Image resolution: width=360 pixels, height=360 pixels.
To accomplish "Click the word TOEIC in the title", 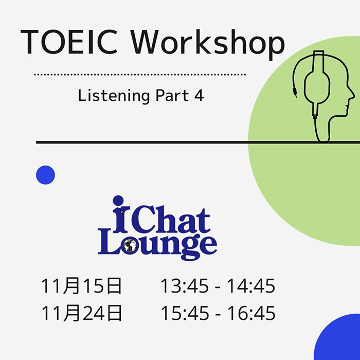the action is (x=69, y=42).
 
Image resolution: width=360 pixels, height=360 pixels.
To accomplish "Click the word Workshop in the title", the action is (x=208, y=44).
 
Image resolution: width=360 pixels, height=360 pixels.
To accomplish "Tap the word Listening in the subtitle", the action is (x=114, y=96).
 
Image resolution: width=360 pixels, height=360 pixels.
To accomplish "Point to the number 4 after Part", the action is (x=199, y=96).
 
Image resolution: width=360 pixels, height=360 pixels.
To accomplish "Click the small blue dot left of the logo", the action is (x=45, y=175).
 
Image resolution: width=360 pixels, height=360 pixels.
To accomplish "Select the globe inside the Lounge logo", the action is (x=130, y=245).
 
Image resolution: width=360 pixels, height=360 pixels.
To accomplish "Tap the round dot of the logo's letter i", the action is (x=118, y=201).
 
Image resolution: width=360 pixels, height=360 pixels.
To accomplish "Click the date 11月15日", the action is (x=81, y=285).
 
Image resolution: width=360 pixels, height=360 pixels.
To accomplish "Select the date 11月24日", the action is (x=81, y=313).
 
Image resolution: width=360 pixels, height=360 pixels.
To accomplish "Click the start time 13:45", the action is (x=185, y=286).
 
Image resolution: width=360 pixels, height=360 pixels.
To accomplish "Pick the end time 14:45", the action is (x=251, y=286).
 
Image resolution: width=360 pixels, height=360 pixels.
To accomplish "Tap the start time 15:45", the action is (x=185, y=313).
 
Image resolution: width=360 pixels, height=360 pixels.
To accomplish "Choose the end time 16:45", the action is (x=251, y=313).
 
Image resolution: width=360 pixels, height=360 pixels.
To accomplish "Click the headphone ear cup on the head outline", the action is (x=317, y=87).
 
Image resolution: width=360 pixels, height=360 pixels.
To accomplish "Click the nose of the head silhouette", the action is (x=353, y=95).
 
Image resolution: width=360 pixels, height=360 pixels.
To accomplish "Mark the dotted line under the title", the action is (x=140, y=75).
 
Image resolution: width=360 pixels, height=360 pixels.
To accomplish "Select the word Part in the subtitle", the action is (x=172, y=96).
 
